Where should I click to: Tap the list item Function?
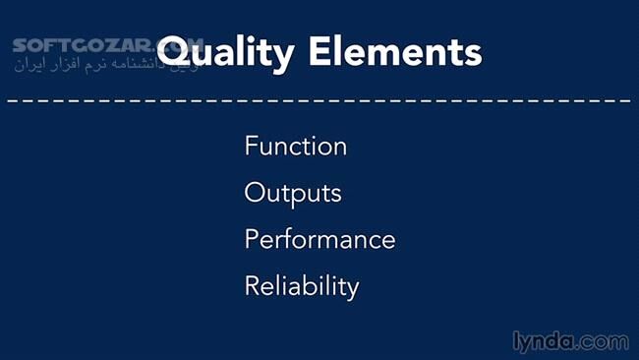tap(295, 147)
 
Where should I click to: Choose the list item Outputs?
tap(292, 193)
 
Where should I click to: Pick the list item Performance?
tap(319, 239)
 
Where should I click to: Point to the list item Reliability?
tap(302, 286)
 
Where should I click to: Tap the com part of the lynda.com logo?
tap(606, 341)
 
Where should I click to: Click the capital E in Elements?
tap(320, 50)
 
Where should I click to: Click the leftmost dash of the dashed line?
tap(11, 100)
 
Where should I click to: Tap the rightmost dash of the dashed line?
tap(626, 100)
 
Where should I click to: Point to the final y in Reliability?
tap(352, 289)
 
